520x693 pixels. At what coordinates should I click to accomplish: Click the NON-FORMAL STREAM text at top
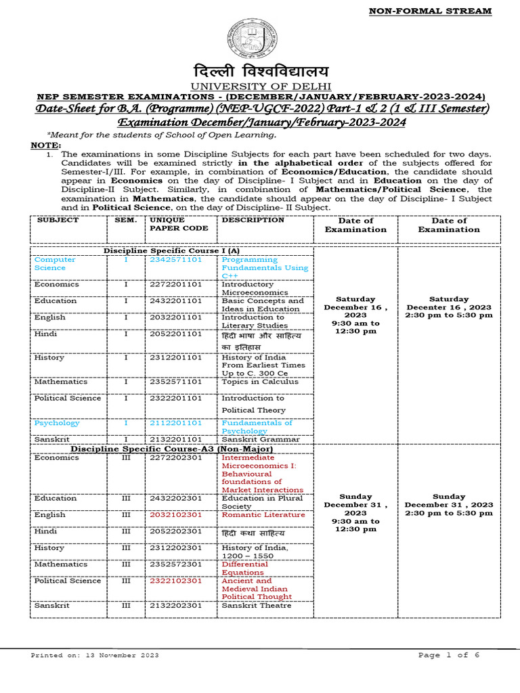[429, 11]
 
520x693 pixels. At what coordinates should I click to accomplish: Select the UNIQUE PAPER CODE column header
[169, 224]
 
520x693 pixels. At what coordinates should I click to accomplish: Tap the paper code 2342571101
[175, 260]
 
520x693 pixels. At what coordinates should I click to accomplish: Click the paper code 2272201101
[175, 284]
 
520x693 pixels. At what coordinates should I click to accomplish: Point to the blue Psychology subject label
[57, 423]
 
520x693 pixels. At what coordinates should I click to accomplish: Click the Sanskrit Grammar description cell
[261, 439]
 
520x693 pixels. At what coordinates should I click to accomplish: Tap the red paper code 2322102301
[175, 581]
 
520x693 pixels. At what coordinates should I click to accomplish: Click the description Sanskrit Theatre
[257, 605]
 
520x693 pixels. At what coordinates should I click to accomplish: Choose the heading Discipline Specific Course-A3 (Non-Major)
[162, 449]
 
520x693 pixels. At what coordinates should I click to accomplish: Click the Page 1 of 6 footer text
[449, 655]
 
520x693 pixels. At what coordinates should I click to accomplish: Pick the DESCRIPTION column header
[253, 220]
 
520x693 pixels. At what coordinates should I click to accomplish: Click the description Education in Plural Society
[262, 502]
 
